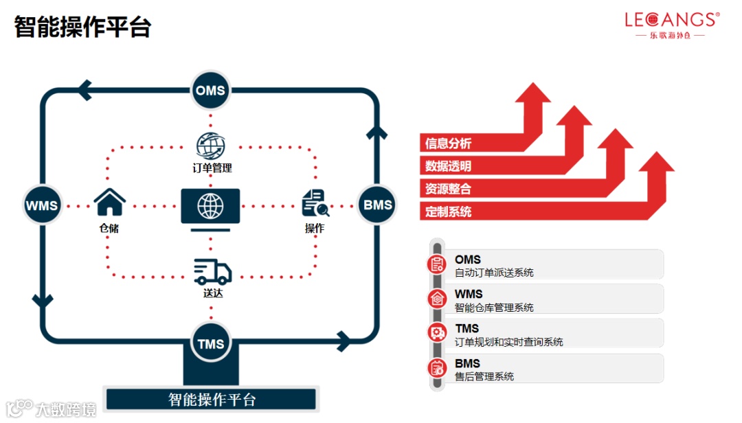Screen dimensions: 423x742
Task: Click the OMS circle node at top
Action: coord(210,91)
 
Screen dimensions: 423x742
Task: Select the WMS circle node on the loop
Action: coord(42,205)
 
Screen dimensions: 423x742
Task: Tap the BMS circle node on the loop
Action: coord(378,205)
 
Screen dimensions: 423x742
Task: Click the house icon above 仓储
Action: coord(109,203)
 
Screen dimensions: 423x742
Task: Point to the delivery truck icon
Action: coord(212,272)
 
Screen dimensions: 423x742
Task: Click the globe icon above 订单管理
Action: coord(211,146)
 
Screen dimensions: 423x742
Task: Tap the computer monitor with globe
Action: coord(210,208)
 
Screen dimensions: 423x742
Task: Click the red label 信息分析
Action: coord(449,144)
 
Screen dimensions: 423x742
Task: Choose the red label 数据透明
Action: coord(449,166)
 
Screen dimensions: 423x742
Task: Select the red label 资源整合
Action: coord(449,189)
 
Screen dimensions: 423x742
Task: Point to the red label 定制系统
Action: coord(449,211)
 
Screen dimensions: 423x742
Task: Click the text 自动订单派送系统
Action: coord(494,273)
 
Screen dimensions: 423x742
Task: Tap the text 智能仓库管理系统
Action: coord(494,308)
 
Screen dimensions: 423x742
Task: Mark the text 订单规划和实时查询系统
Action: coord(509,342)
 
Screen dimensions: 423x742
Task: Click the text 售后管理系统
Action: coord(484,376)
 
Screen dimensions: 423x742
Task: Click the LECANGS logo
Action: coord(672,25)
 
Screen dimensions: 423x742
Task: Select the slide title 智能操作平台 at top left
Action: coord(82,27)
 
